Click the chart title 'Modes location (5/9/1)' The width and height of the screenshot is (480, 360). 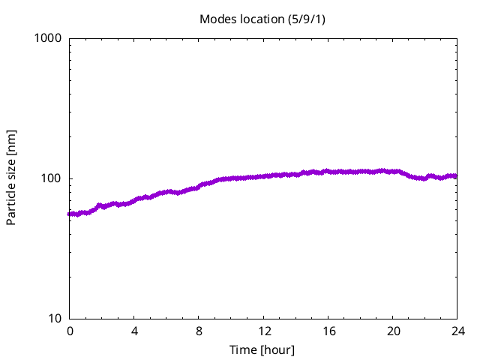tap(262, 19)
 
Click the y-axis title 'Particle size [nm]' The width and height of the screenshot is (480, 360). tap(11, 178)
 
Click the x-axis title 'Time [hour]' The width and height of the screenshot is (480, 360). tap(262, 349)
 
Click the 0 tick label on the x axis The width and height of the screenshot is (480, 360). tap(70, 331)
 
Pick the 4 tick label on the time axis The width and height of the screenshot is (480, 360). tap(134, 331)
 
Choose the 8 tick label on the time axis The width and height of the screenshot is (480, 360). tap(199, 331)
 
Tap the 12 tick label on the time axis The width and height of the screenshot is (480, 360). tap(263, 331)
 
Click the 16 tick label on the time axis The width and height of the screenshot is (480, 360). tap(328, 331)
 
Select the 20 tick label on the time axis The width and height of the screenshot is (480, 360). tap(392, 331)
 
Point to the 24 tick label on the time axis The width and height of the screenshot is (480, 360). tap(457, 331)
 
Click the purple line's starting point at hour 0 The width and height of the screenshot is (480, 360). tap(70, 214)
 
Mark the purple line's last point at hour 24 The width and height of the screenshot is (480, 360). tap(456, 176)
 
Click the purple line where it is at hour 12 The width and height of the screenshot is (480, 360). tap(263, 176)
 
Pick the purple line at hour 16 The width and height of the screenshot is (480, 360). tap(328, 172)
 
